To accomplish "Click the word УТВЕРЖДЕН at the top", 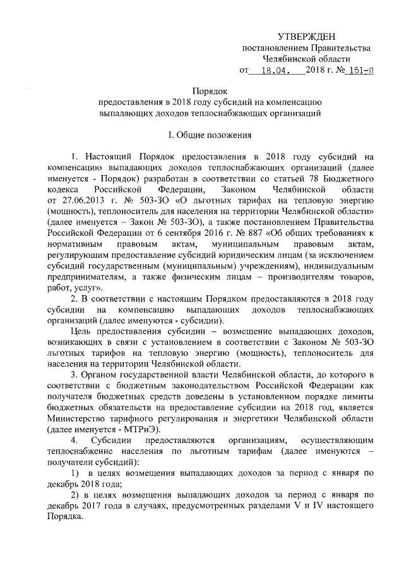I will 307,39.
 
